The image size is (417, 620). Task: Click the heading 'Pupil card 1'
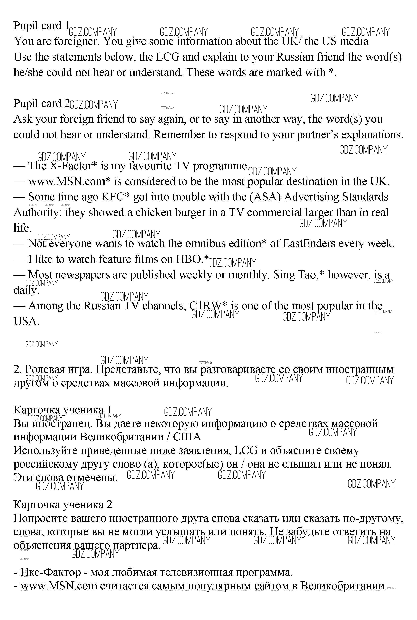tap(41, 26)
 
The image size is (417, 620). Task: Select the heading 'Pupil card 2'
tap(41, 104)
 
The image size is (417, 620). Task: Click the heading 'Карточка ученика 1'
tap(62, 410)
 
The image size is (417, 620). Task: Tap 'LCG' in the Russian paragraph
tap(245, 451)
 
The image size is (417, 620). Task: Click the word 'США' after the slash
tap(187, 437)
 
